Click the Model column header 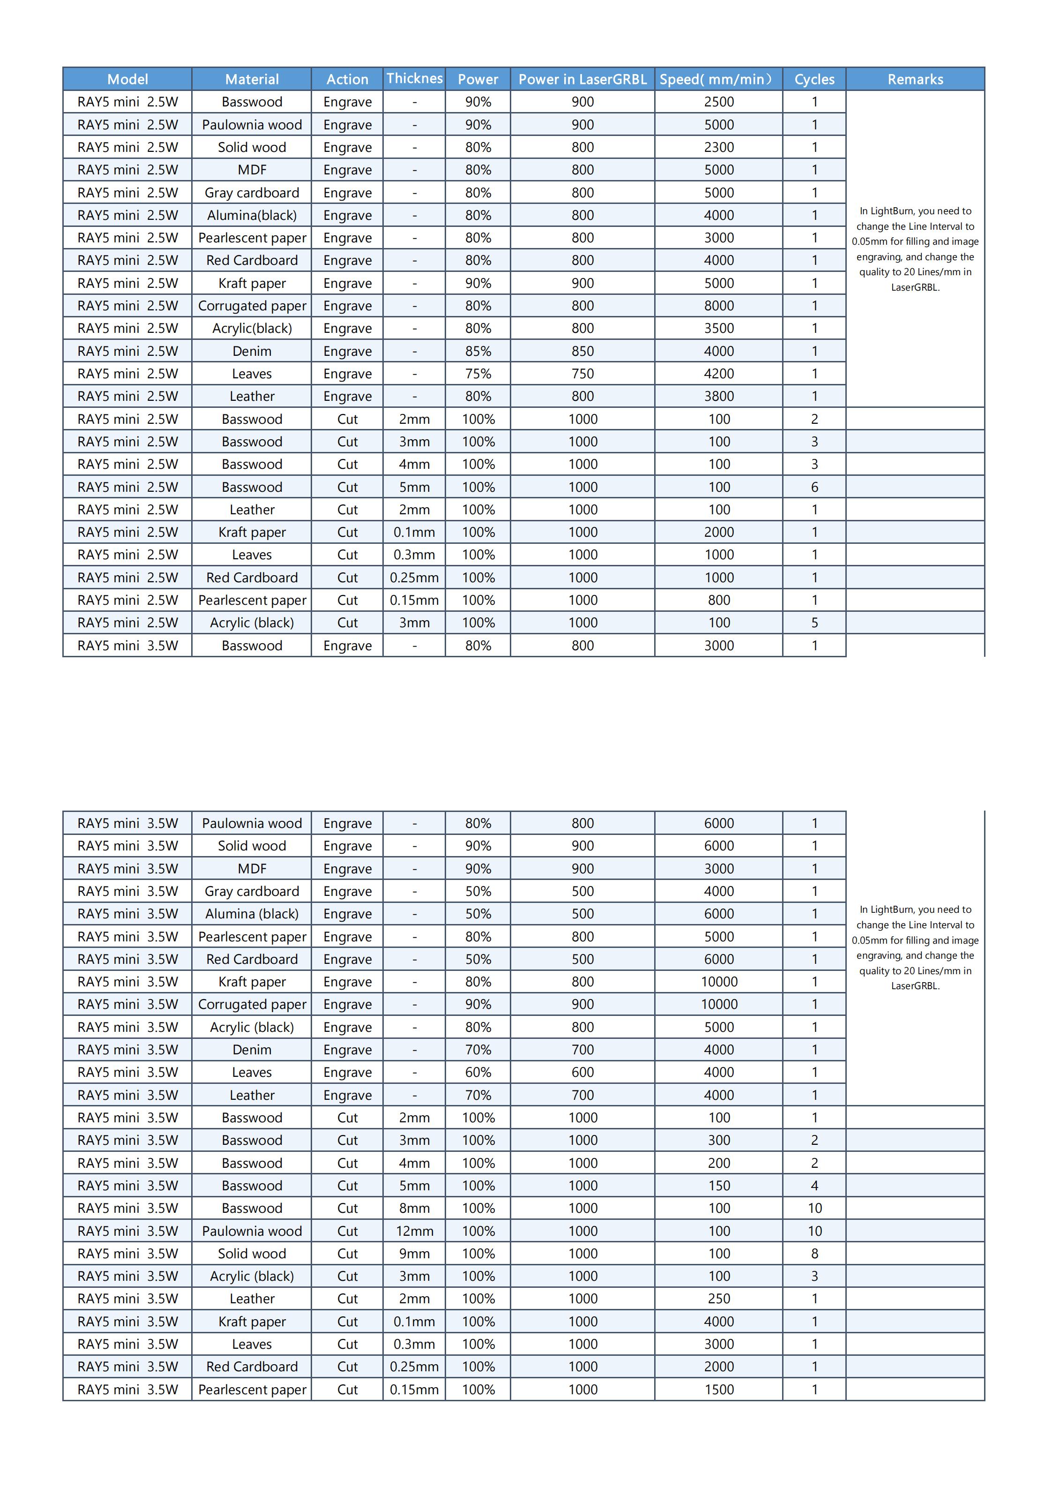[x=127, y=79]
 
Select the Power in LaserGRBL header [x=582, y=79]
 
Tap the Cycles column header [x=814, y=79]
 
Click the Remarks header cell [x=915, y=79]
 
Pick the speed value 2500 [x=719, y=102]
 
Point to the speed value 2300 [x=719, y=147]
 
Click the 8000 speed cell [x=719, y=306]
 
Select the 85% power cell [x=478, y=351]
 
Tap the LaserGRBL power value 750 [x=582, y=374]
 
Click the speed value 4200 [x=719, y=374]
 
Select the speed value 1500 [x=719, y=1390]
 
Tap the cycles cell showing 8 [x=814, y=1254]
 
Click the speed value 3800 [x=719, y=396]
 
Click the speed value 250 [x=719, y=1299]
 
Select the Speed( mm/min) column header [x=718, y=79]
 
